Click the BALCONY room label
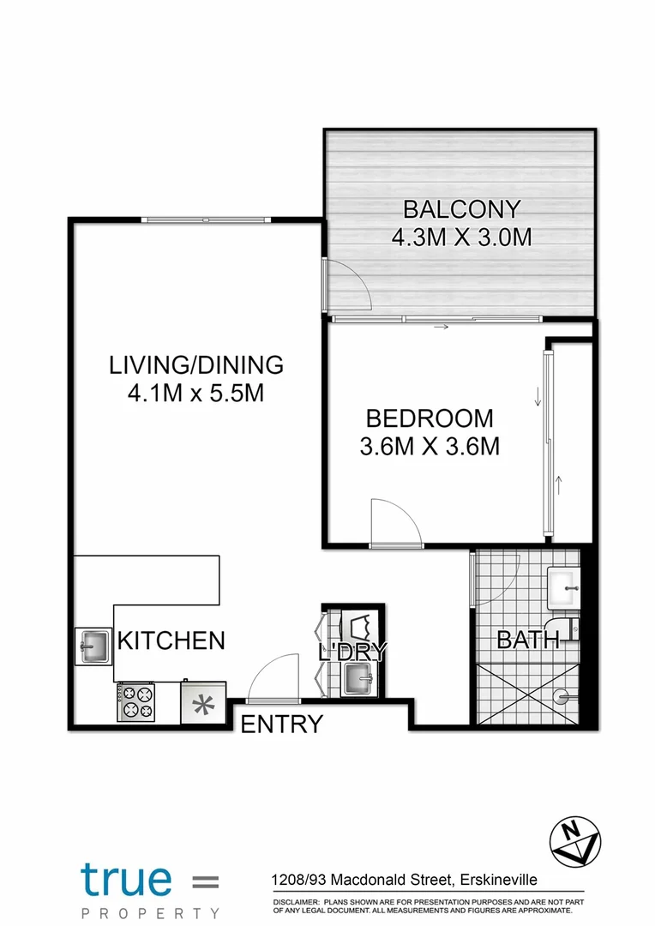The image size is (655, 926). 461,209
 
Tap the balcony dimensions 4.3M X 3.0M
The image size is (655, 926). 461,238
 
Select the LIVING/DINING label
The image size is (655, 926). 195,364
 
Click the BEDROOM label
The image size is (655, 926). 430,418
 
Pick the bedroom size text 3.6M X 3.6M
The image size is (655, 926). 430,447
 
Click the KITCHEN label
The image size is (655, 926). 171,640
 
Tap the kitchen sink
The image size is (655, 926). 93,646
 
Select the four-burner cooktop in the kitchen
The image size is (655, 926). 135,701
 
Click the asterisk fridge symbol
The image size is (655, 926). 203,704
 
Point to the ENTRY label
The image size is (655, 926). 281,725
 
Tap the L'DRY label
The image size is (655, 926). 353,652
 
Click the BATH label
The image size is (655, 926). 528,640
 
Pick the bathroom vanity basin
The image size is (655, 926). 563,586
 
